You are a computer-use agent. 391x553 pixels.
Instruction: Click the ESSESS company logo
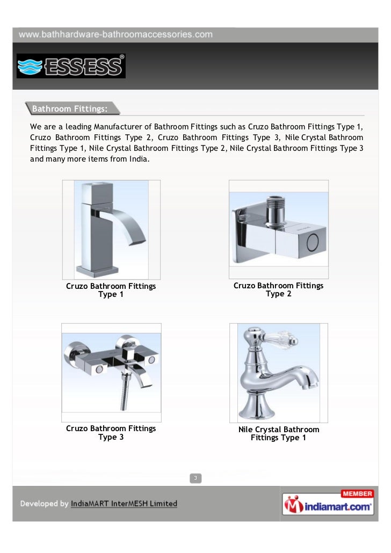[71, 66]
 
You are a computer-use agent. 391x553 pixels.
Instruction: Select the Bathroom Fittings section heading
[69, 109]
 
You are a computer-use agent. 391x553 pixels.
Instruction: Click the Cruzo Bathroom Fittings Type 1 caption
[111, 290]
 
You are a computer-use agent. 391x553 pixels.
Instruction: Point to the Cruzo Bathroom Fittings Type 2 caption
[278, 289]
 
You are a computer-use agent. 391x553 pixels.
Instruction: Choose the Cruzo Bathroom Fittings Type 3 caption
[111, 432]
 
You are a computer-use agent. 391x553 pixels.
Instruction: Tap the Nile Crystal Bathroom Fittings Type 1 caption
[278, 433]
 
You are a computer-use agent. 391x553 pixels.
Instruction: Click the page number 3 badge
[195, 478]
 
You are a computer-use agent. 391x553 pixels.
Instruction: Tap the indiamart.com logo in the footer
[328, 505]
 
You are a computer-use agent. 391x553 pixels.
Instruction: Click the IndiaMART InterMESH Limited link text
[124, 504]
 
